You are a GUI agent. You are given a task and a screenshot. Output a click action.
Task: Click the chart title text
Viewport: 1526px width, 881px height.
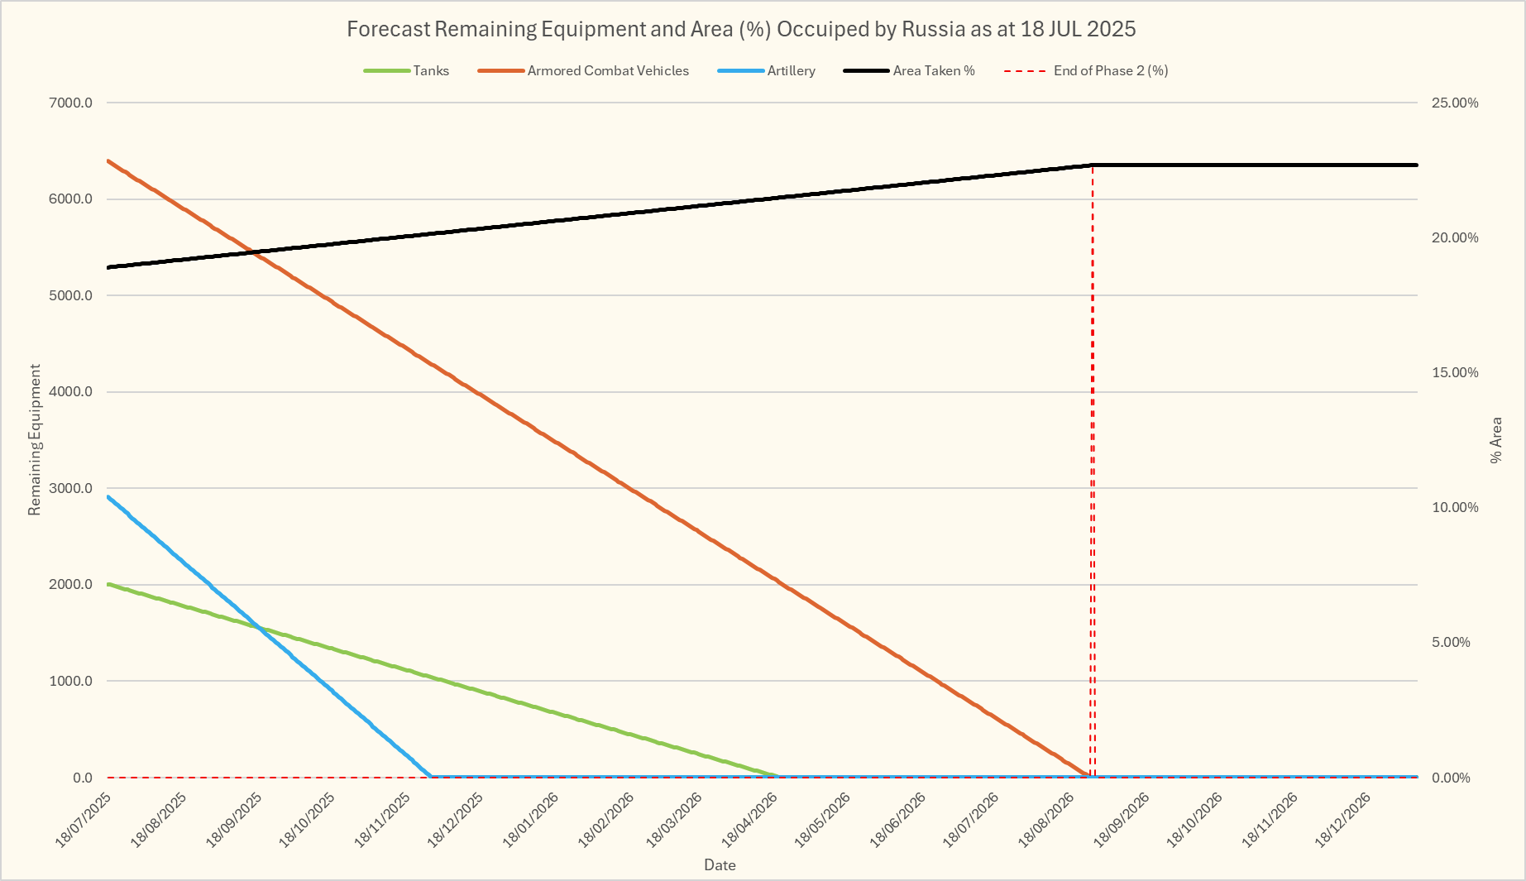(x=740, y=29)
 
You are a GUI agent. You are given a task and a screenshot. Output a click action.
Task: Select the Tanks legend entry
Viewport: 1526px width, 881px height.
(x=430, y=71)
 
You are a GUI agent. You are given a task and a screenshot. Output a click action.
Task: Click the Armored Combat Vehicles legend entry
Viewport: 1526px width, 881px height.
(x=607, y=71)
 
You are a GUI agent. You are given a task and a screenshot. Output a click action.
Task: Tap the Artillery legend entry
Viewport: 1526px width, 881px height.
(x=791, y=71)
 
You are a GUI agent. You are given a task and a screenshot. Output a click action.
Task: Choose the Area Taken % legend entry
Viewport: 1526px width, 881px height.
(x=933, y=71)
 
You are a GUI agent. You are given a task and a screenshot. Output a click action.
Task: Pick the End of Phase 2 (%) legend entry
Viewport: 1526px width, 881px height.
(x=1110, y=71)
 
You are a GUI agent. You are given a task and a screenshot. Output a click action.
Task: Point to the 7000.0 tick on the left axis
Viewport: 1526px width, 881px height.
(x=71, y=103)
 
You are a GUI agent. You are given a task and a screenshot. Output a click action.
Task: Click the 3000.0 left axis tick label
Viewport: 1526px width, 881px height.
(x=71, y=488)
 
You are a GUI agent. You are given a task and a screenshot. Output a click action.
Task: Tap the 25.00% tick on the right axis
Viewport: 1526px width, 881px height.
(x=1455, y=103)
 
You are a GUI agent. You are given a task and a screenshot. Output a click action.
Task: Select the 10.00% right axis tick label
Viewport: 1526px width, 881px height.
(x=1455, y=507)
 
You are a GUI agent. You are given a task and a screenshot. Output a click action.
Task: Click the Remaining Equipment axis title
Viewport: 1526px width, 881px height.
(x=34, y=439)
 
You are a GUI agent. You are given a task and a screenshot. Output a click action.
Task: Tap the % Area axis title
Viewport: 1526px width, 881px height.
(x=1495, y=439)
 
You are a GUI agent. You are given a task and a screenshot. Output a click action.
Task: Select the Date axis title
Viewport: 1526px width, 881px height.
(x=720, y=865)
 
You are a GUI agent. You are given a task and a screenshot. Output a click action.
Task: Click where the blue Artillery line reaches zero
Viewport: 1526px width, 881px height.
(x=431, y=777)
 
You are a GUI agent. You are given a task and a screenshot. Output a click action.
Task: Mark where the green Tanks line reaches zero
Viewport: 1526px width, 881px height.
(x=777, y=777)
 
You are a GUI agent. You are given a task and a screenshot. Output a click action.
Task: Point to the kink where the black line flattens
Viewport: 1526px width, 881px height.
(x=1093, y=165)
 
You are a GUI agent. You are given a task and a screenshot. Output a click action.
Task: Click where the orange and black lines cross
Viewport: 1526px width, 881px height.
(x=254, y=252)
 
